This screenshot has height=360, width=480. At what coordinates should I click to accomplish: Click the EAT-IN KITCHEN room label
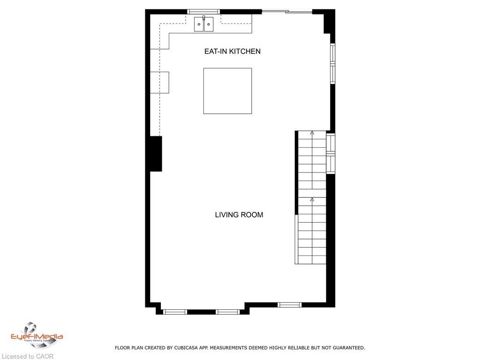232,51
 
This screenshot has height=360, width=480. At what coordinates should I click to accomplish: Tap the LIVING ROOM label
239,215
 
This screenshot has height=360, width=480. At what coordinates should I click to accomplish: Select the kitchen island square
227,91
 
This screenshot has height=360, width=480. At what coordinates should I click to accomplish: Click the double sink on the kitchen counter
204,24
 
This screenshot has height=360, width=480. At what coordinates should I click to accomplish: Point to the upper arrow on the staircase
312,133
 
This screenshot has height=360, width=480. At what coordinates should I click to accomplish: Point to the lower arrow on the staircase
312,200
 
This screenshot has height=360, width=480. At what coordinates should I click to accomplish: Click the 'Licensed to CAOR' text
28,356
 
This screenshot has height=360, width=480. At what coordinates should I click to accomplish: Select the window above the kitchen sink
203,12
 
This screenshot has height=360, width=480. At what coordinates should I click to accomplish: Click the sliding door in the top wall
287,12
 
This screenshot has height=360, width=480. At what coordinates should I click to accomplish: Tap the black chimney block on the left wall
156,154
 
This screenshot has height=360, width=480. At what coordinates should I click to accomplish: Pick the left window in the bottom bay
175,312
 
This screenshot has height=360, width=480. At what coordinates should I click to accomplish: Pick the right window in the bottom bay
228,312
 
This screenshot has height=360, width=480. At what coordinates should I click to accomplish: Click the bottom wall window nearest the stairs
289,305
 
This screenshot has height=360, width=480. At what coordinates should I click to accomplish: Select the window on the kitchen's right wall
332,63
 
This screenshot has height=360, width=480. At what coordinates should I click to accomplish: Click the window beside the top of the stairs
331,153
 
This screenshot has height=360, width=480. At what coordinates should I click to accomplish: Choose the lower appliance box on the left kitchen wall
159,82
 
